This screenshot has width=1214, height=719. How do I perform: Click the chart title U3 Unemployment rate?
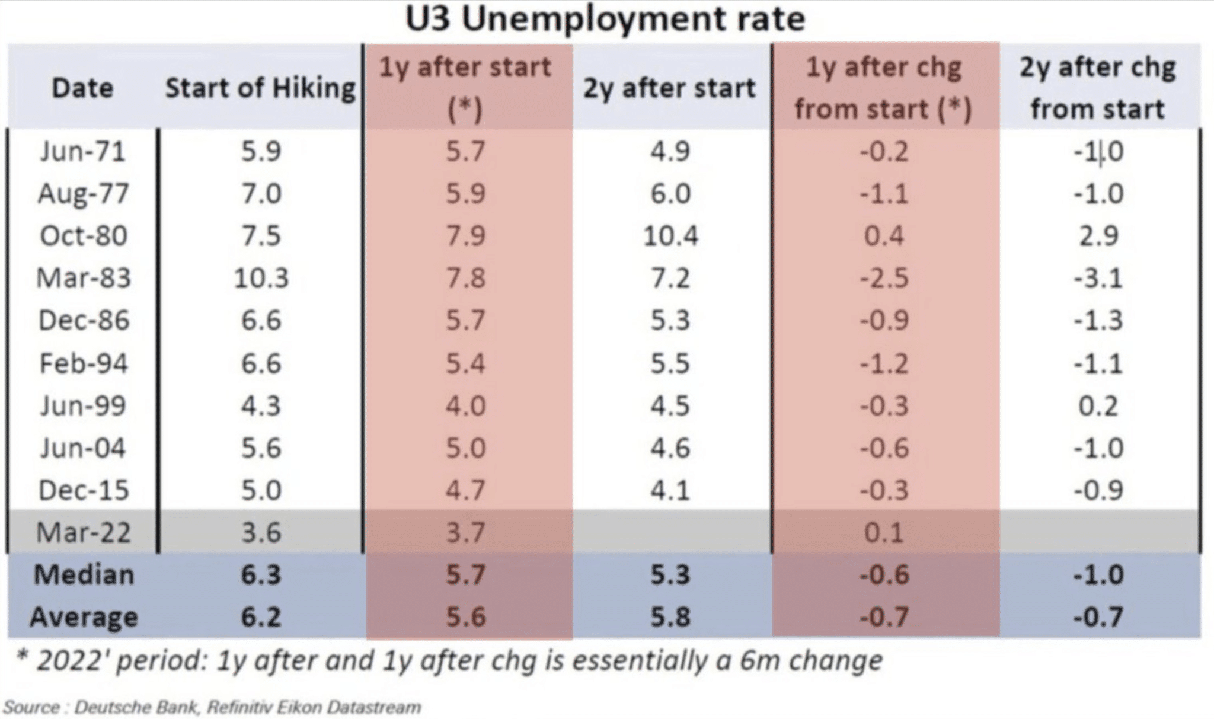(605, 19)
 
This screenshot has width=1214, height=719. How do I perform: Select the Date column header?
(82, 88)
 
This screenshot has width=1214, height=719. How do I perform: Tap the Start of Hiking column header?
(260, 88)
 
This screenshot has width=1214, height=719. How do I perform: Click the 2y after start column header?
(670, 88)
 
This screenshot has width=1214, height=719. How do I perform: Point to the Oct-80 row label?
(84, 235)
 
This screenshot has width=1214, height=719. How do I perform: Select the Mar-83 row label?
(84, 278)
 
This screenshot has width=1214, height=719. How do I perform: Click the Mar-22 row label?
(84, 532)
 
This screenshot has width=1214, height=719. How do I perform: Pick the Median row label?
(84, 574)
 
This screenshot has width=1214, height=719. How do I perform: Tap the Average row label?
(84, 617)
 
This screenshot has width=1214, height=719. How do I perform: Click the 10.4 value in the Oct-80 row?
(670, 235)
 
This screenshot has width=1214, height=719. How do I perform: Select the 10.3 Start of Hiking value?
(261, 278)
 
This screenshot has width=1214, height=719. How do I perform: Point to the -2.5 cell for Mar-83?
(884, 278)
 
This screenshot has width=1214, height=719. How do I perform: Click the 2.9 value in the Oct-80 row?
(1098, 235)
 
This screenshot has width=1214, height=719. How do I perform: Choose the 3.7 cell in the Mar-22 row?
(466, 532)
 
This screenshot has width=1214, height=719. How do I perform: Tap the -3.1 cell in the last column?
(1098, 278)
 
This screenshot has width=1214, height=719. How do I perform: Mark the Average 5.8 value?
(670, 617)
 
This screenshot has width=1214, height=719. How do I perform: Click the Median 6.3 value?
(261, 574)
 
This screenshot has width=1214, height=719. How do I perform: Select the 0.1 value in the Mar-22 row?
(884, 532)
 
